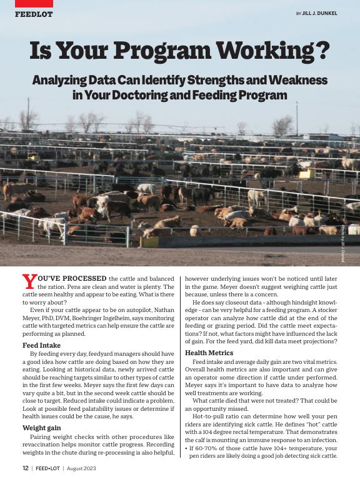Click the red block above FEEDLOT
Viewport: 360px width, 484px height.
(34, 3)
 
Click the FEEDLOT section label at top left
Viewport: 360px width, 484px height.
(34, 14)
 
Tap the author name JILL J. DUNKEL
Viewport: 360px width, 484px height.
(319, 13)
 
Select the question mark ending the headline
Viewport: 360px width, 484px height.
(322, 51)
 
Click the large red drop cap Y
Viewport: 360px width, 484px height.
(28, 283)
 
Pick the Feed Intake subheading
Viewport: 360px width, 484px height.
(41, 345)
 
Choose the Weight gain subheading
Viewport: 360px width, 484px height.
(42, 428)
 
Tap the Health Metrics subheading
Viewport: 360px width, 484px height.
(209, 353)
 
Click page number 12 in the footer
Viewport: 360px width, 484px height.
(25, 467)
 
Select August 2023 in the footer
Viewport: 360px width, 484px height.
(81, 467)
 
